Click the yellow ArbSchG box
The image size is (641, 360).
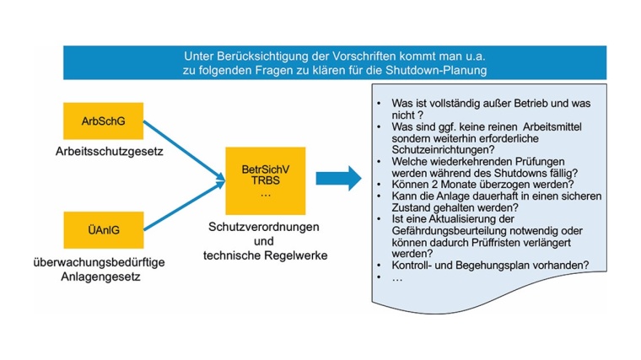(103, 121)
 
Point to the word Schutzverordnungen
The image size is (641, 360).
(263, 228)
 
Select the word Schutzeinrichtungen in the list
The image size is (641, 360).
(444, 149)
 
